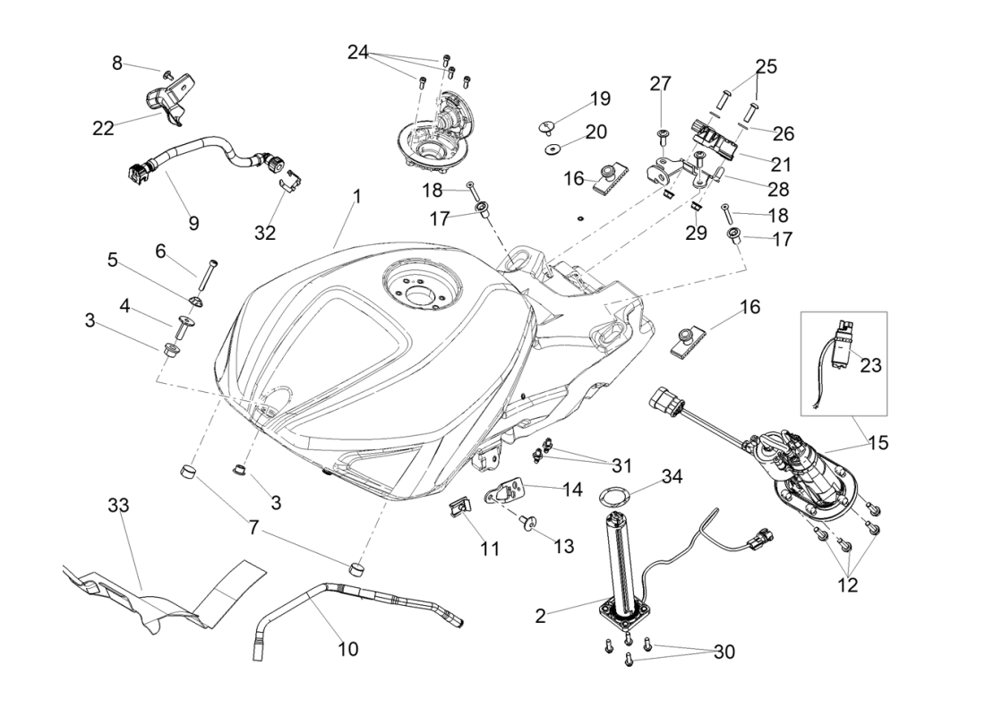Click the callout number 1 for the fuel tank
356,196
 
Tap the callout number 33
118,505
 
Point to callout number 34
672,476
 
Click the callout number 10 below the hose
347,649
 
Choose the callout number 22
103,128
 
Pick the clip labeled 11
458,508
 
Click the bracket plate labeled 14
509,491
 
